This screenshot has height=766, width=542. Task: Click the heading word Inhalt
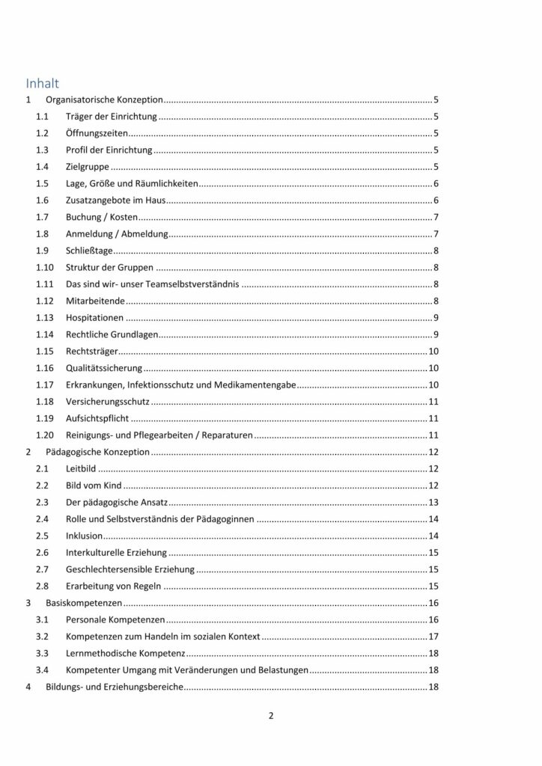coord(42,83)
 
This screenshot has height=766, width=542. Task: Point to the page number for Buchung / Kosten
coord(435,217)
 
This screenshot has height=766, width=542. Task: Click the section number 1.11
coord(44,284)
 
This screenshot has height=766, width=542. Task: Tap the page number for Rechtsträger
coord(433,351)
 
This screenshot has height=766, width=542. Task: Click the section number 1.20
coord(44,435)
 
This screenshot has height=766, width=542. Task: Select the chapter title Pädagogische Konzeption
coord(98,452)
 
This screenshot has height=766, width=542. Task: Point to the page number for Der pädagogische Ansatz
coord(433,502)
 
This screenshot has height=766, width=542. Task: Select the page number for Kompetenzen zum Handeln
coord(433,636)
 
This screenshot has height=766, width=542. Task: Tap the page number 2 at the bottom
coord(271,715)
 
